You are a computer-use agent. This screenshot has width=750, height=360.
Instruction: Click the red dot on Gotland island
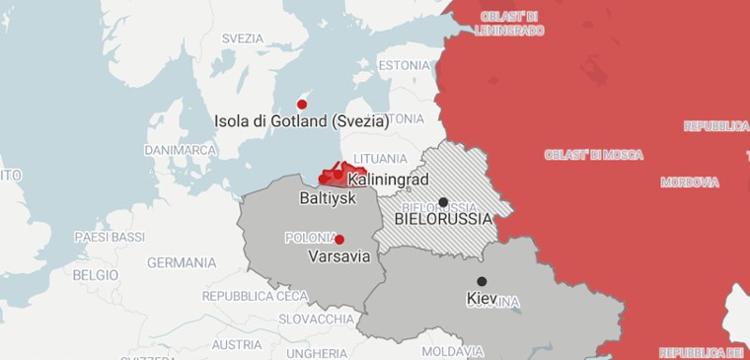tap(302, 105)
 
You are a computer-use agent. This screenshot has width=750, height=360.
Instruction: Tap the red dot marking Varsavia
tap(339, 240)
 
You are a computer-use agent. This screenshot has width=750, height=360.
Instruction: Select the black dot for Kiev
tap(482, 281)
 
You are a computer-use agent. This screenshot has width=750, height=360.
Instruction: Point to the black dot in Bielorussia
tap(443, 202)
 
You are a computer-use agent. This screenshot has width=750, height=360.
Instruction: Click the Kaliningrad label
tap(388, 180)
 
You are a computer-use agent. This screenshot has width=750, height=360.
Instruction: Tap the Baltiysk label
tap(327, 198)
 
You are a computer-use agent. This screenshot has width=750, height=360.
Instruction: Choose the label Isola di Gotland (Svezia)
tap(301, 122)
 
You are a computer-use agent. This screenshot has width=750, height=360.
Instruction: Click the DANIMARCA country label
tap(180, 150)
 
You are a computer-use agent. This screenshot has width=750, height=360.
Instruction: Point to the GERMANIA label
tap(182, 263)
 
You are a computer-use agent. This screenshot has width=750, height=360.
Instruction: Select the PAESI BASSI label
tap(110, 238)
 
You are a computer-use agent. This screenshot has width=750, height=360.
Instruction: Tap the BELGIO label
tap(96, 275)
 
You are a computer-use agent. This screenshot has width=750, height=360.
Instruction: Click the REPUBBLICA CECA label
tap(256, 296)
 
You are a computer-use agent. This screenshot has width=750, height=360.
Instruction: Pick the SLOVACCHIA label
tap(316, 320)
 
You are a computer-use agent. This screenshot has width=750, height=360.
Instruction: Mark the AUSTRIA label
tap(237, 345)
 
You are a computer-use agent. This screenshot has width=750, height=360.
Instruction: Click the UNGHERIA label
tap(318, 353)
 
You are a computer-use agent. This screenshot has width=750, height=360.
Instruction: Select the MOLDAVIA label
tap(452, 351)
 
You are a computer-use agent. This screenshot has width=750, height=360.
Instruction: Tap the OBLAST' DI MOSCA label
tap(593, 155)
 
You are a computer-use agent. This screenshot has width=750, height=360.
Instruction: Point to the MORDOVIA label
tap(689, 182)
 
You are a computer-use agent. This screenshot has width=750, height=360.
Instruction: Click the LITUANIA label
tap(380, 159)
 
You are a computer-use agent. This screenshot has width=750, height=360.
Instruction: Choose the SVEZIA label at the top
tap(243, 38)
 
